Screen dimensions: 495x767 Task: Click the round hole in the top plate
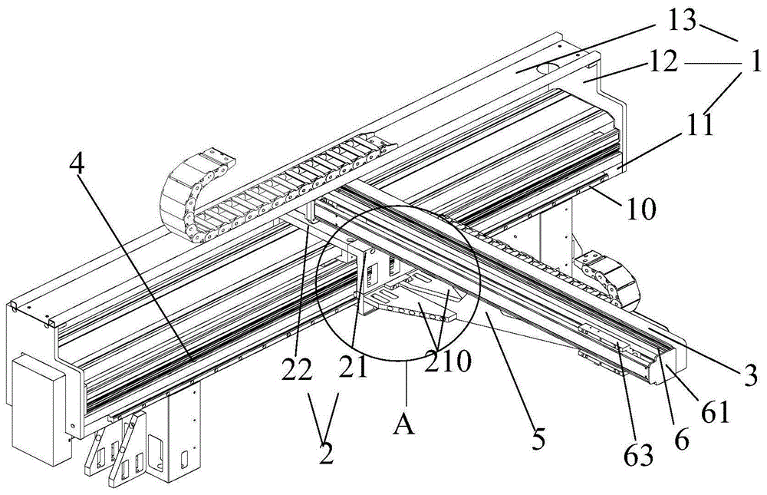pos(550,68)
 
